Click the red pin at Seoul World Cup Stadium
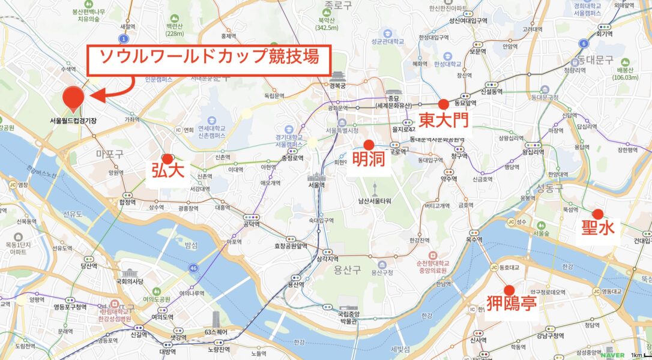coord(73,97)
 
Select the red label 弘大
coord(168,172)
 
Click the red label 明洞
coord(369,160)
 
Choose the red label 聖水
coord(597,230)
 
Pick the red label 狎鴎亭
coord(511,304)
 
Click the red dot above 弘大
coord(168,158)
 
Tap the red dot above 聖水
coord(597,214)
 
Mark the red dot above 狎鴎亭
coord(510,289)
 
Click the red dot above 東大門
coord(444,104)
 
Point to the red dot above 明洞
coord(369,145)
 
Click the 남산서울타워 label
coord(375,201)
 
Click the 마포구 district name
coord(109,154)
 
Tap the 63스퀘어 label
coord(218,331)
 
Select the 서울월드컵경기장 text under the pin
coord(73,121)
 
